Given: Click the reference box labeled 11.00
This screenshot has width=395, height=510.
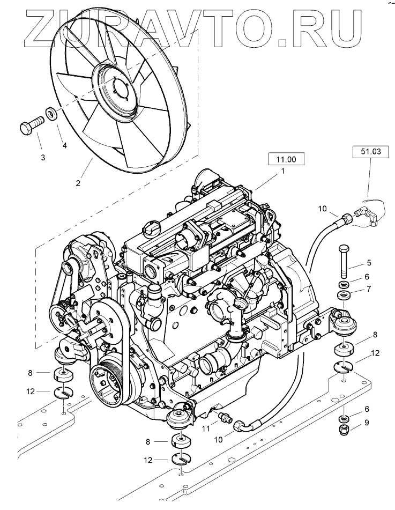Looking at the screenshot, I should point(286,159).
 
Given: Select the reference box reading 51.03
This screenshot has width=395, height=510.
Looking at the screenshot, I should point(368,152).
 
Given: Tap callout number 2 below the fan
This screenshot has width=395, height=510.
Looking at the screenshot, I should point(78,183).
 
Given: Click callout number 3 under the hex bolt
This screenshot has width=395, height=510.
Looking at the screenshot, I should point(43,157).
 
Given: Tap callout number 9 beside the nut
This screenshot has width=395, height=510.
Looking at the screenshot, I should point(367,422).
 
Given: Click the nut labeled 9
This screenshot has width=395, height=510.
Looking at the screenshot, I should point(343,429).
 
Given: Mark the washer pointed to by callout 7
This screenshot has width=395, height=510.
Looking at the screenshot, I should point(343,295).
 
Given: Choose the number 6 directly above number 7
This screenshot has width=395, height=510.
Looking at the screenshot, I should point(367,276).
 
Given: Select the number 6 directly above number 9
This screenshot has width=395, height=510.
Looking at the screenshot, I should point(367,409).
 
